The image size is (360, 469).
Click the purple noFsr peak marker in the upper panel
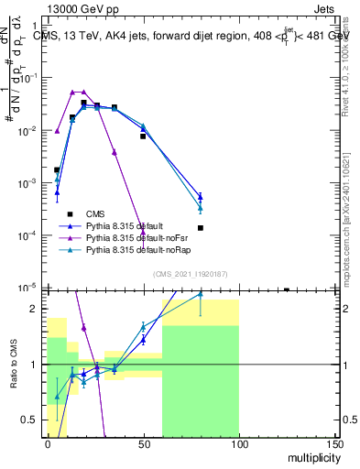point(72,93)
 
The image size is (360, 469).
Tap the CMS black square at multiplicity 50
point(143,136)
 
